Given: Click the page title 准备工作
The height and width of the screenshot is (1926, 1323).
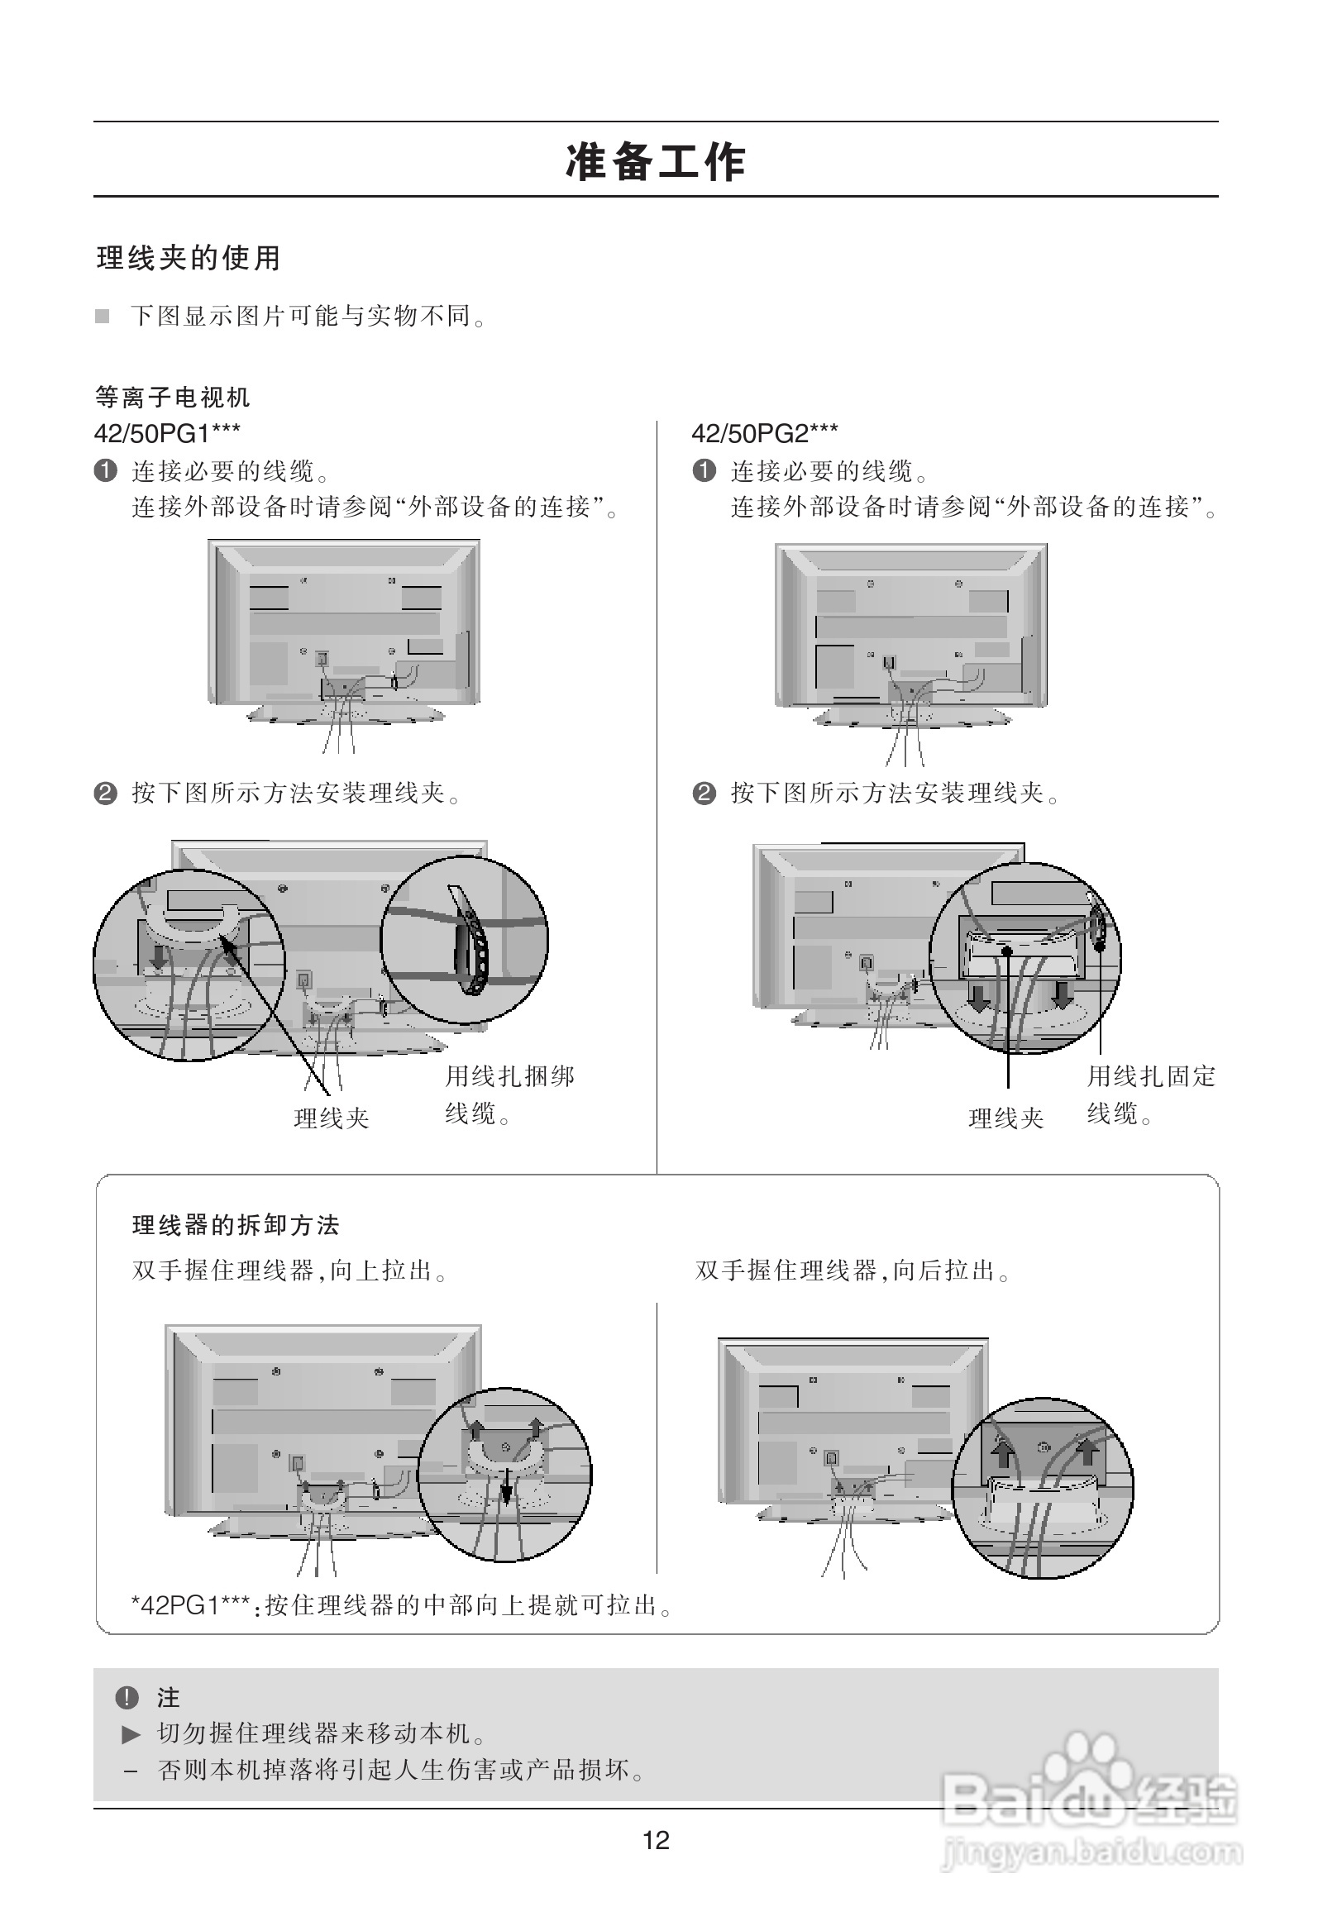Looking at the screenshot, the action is (655, 162).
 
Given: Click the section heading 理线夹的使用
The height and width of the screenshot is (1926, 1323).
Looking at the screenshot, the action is (189, 258).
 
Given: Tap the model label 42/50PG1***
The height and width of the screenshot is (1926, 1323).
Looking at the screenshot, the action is (168, 432).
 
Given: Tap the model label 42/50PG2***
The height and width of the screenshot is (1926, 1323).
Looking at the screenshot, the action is (764, 432).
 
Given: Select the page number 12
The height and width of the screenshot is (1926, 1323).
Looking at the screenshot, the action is (656, 1841).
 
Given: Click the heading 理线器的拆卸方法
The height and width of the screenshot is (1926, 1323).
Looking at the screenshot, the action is (236, 1225).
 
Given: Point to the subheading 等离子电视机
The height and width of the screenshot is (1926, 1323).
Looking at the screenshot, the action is (173, 398).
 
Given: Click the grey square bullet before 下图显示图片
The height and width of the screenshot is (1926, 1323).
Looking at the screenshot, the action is (102, 316).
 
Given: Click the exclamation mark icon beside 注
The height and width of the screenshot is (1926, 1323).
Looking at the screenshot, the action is (126, 1698).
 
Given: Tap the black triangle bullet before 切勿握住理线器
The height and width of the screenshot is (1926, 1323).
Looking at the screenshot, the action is (131, 1733).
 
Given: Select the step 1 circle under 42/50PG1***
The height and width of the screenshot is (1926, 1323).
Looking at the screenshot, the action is (105, 471).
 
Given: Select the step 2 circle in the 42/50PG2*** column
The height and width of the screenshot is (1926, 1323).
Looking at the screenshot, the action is (704, 794).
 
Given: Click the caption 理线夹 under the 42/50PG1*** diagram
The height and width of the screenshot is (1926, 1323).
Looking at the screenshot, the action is (332, 1118).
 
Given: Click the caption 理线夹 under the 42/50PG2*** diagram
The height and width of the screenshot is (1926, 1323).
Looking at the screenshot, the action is (1005, 1118).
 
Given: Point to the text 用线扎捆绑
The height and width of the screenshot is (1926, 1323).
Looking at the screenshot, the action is (510, 1076).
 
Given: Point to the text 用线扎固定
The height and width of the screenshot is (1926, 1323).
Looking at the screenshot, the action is (1151, 1076).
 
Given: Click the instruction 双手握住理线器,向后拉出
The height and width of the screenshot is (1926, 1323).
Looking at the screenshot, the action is (853, 1270).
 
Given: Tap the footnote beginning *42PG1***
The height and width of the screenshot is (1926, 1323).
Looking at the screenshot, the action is (401, 1605).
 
